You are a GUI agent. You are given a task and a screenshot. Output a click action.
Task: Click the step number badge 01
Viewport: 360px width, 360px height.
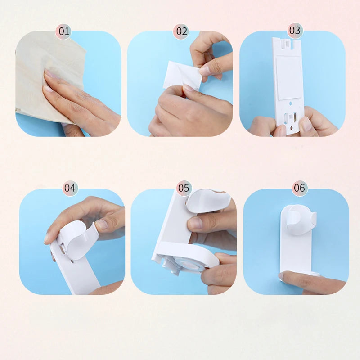[63, 31]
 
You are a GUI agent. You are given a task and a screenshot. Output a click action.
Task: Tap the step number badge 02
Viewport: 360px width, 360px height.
[181, 31]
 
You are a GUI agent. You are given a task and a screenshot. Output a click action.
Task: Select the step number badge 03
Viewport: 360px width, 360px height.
[295, 30]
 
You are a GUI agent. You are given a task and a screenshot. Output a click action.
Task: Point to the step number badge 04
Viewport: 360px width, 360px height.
[70, 188]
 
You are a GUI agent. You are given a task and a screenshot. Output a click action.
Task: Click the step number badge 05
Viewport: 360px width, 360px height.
[184, 188]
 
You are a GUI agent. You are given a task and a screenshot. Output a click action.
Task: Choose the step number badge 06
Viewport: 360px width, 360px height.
[300, 188]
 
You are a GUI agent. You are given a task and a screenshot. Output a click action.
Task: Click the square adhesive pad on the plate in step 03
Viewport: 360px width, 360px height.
[288, 77]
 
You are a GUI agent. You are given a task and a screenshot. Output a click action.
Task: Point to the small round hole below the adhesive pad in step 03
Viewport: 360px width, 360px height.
[291, 103]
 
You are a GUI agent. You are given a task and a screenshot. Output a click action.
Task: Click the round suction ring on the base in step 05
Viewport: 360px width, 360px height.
[189, 263]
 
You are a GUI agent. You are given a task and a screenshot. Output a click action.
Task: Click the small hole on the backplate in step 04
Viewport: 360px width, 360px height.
[72, 261]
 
